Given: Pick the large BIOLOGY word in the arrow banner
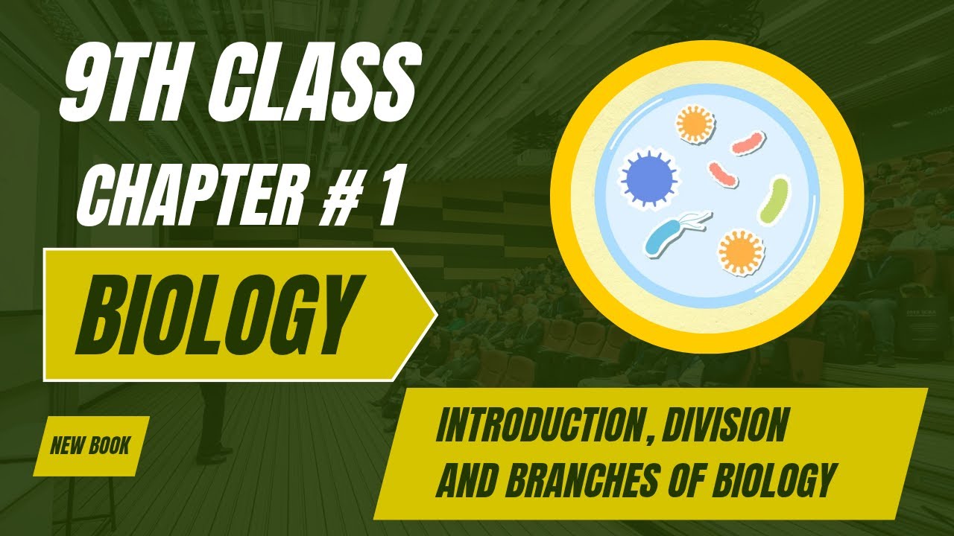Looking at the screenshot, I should pyautogui.click(x=215, y=314).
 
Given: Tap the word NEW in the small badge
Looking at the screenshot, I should pyautogui.click(x=67, y=447).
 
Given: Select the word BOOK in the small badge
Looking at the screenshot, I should pyautogui.click(x=110, y=447).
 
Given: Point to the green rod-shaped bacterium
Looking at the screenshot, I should pyautogui.click(x=773, y=200).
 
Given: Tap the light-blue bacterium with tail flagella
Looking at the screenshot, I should pyautogui.click(x=671, y=234).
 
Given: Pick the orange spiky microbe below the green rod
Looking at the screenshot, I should pyautogui.click(x=740, y=251).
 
